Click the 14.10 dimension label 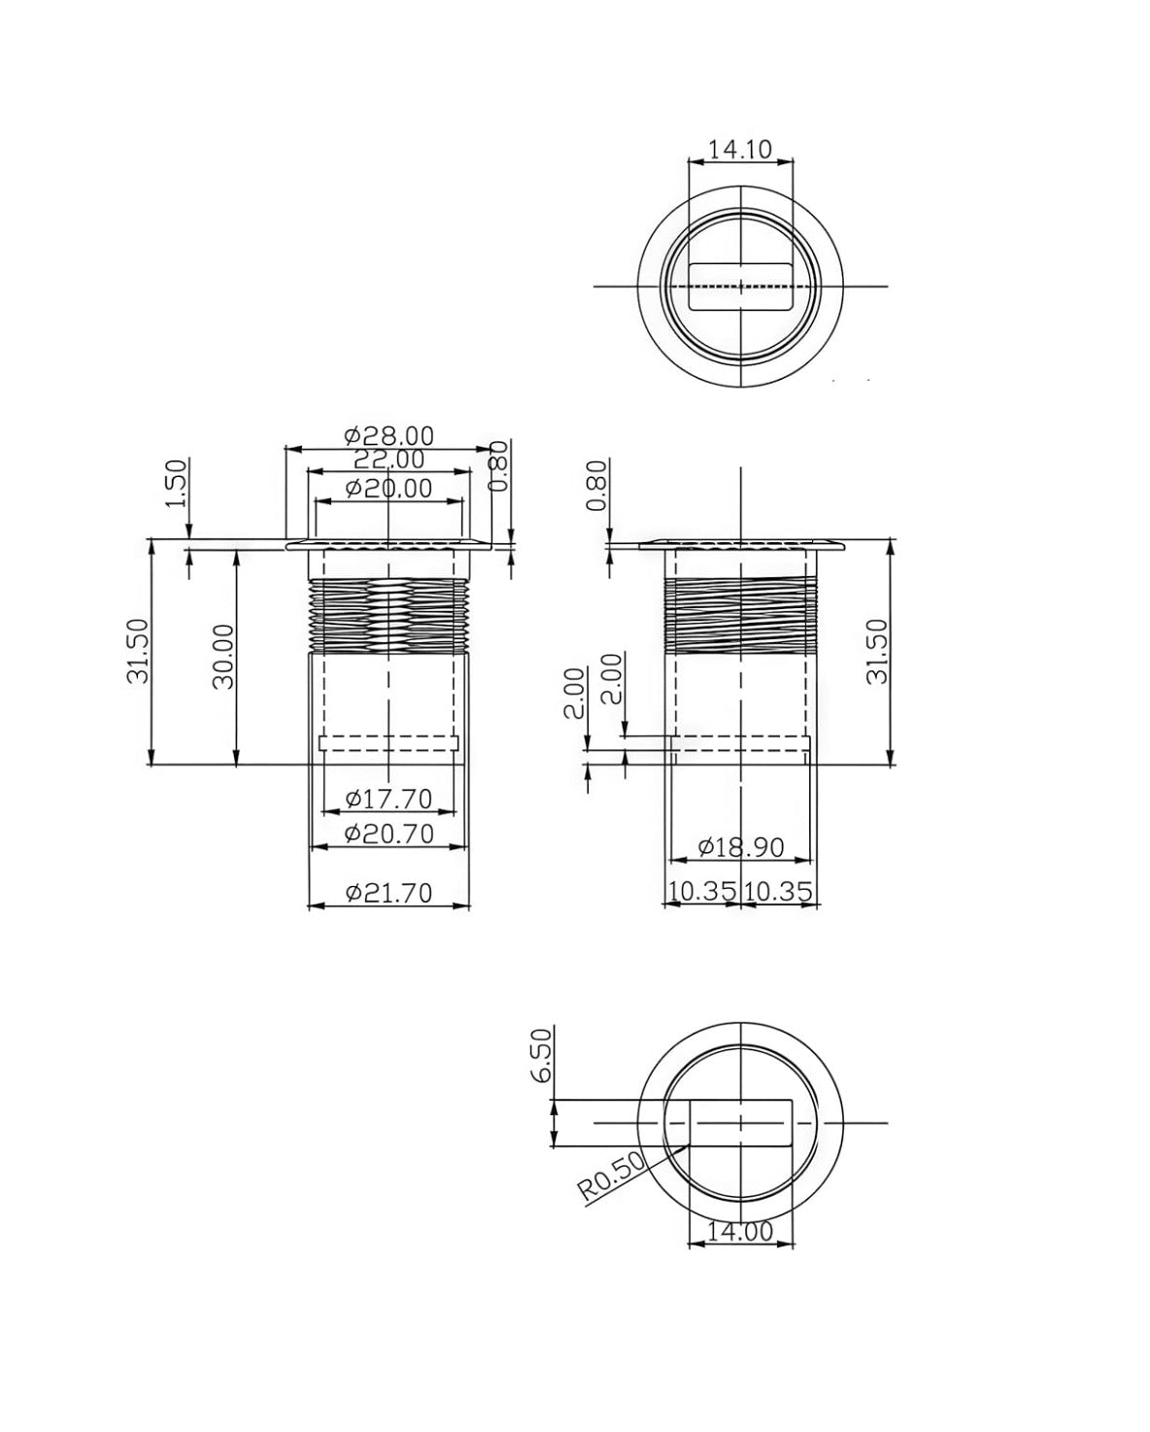739,149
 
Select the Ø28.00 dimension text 389,436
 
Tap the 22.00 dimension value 388,460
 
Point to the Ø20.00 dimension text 389,489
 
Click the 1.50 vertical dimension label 177,483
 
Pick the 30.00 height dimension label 224,656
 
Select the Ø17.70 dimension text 389,799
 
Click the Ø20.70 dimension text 389,834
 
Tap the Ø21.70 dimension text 389,893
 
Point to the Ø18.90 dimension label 741,848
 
